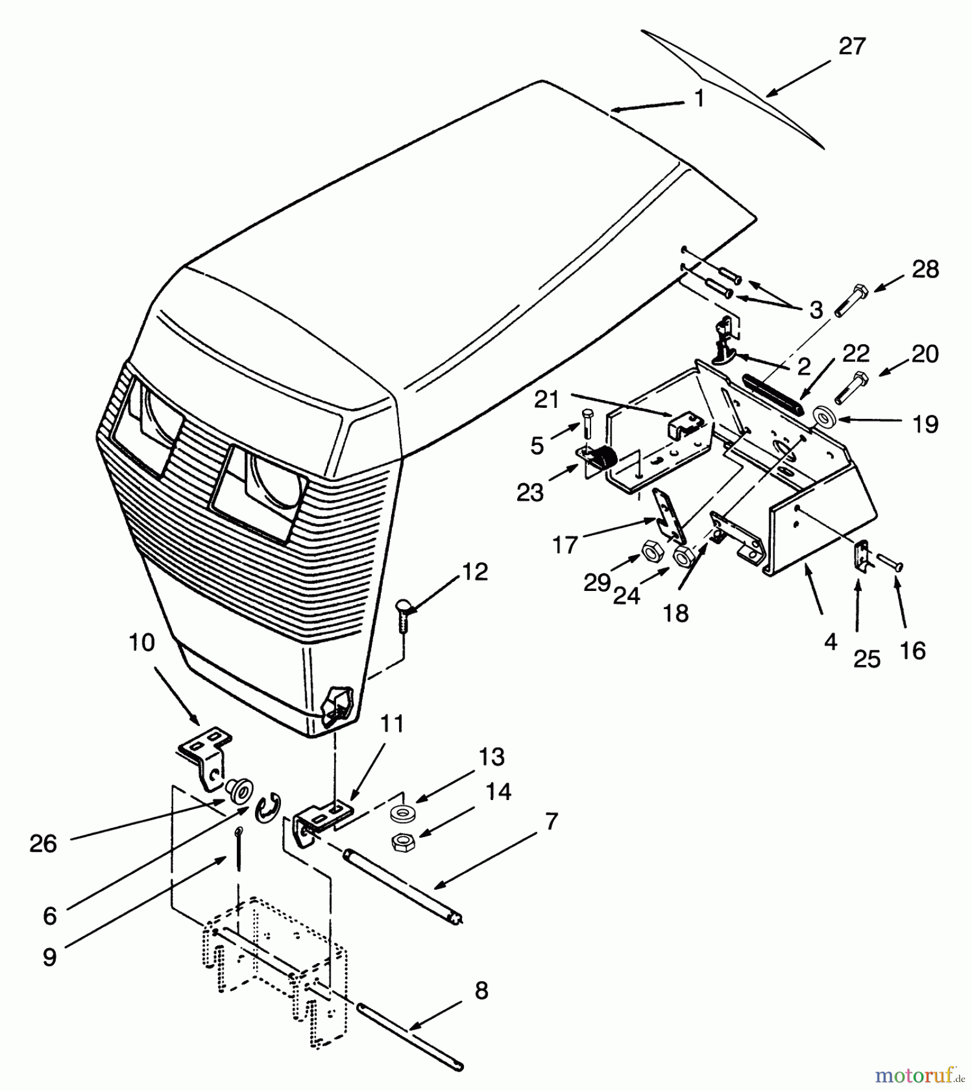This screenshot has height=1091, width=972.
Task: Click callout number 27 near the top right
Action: click(x=851, y=47)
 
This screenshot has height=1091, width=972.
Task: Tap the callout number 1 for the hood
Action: click(x=699, y=98)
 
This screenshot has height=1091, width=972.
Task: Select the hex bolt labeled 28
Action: click(x=850, y=300)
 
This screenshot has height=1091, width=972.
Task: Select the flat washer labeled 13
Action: click(x=399, y=815)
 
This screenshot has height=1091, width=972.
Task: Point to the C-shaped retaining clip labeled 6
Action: click(x=266, y=810)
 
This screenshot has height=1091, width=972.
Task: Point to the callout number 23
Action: click(x=530, y=493)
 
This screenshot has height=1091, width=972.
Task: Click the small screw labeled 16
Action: click(x=889, y=564)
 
